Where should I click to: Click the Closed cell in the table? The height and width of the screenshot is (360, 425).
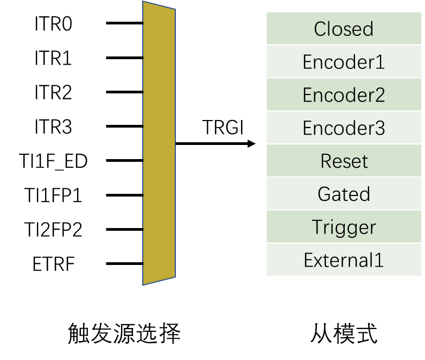click(344, 29)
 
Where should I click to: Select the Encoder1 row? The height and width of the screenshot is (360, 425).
click(344, 62)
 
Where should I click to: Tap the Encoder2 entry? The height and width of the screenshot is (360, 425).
click(344, 95)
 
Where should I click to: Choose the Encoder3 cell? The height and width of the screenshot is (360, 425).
click(344, 128)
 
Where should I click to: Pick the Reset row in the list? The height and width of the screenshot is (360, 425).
click(344, 161)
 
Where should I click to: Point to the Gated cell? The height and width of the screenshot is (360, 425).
click(344, 194)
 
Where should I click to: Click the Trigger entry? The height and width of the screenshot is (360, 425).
click(344, 227)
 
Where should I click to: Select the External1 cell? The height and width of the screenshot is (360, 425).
click(344, 260)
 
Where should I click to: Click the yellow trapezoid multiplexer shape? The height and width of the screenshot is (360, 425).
click(159, 143)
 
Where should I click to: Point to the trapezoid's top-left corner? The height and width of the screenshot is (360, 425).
click(143, 2)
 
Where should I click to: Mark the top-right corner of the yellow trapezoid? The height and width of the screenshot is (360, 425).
click(175, 9)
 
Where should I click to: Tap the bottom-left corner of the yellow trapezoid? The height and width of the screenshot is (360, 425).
click(143, 285)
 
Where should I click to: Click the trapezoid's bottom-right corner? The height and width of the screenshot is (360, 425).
click(175, 277)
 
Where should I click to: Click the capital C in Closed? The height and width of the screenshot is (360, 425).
click(320, 29)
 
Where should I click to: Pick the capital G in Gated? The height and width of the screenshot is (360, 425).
click(324, 194)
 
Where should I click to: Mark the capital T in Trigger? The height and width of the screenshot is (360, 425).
click(318, 227)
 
